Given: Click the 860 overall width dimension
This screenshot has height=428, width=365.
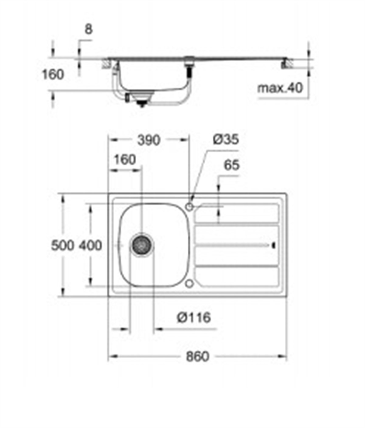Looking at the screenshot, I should [197, 356].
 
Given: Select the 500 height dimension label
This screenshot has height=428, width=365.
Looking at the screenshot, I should [62, 245].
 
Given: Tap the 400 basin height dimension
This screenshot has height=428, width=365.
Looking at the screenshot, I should [90, 245].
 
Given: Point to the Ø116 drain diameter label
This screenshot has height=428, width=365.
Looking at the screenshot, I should [193, 318].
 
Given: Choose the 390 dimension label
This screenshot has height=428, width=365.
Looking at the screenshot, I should [148, 140].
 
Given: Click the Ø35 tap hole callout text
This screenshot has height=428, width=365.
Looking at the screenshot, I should [226, 140].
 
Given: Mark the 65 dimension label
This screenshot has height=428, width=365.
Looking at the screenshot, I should [231, 165].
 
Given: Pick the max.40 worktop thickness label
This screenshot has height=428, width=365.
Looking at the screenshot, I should [280, 88].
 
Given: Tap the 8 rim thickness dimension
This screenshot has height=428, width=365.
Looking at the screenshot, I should [88, 29].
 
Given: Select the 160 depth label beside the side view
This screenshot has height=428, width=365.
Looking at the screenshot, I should [53, 74].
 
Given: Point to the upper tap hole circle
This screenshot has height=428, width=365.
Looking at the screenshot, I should [189, 207].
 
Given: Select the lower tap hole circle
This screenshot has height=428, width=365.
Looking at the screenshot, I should [189, 284].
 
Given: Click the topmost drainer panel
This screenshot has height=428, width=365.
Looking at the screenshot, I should [237, 213].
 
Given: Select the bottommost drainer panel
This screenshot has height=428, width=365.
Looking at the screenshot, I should [237, 277].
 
